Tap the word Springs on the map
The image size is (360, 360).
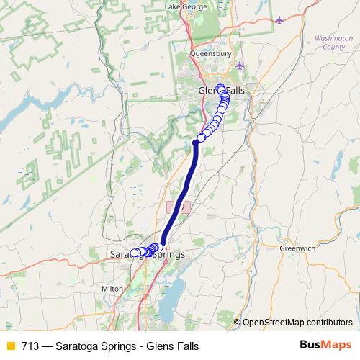coord(166,255)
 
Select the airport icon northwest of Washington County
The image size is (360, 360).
coord(279,19)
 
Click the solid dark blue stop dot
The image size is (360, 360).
coord(195,143)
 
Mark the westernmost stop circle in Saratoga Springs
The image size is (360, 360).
coord(133,253)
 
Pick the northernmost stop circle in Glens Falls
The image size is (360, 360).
coord(220,88)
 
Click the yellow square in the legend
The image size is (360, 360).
coord(10,346)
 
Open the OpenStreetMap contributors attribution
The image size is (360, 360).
coord(297,322)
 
